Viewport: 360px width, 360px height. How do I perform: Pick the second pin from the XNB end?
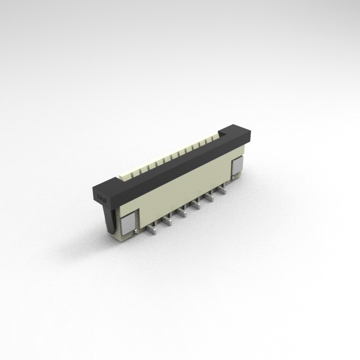168,220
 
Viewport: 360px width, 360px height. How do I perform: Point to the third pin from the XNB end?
182,213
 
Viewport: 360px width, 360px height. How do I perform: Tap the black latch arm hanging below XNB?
111,220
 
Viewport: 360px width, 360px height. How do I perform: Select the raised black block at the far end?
235,134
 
